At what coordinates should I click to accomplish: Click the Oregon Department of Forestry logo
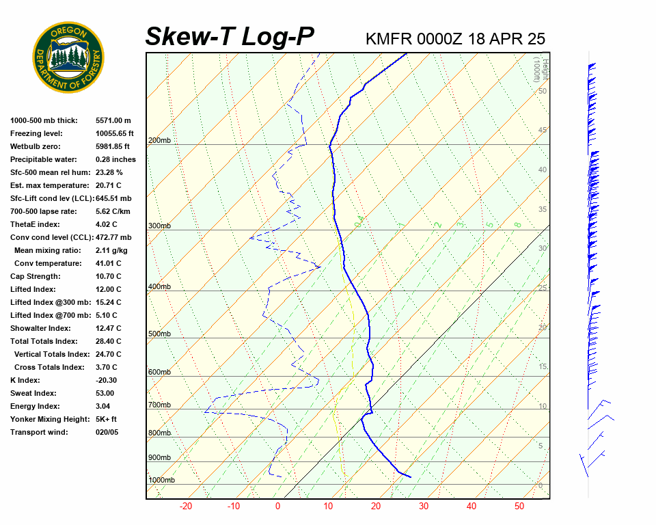click(x=68, y=57)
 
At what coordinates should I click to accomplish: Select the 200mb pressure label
click(x=159, y=141)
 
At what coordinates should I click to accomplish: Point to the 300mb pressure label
click(x=159, y=226)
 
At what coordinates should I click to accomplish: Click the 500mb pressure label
click(x=159, y=334)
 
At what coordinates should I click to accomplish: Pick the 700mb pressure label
click(x=159, y=405)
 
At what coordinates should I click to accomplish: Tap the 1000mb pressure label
click(x=161, y=480)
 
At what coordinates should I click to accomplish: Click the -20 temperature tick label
click(x=185, y=507)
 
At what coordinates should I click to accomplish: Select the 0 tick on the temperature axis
click(x=278, y=507)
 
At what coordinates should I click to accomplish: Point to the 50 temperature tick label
click(x=519, y=507)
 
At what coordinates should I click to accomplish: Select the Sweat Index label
click(x=33, y=393)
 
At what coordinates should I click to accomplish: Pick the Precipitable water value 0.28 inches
click(x=115, y=159)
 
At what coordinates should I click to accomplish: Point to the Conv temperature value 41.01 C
click(x=109, y=263)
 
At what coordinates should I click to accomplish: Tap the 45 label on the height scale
click(x=543, y=131)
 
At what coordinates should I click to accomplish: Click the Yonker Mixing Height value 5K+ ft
click(x=107, y=419)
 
